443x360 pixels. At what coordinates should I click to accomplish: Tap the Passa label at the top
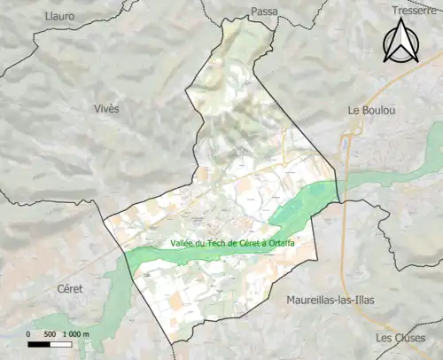(x=264, y=11)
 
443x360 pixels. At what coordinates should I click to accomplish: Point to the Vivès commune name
(x=105, y=107)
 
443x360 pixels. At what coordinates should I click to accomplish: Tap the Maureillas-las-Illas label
(x=330, y=301)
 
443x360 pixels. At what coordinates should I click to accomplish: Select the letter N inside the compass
(x=400, y=49)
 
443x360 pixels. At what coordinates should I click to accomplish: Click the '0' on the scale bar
(x=29, y=334)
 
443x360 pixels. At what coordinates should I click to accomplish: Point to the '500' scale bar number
(x=50, y=334)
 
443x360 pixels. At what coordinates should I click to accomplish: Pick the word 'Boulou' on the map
(x=376, y=111)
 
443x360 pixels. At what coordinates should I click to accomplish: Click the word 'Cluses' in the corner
(x=410, y=339)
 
